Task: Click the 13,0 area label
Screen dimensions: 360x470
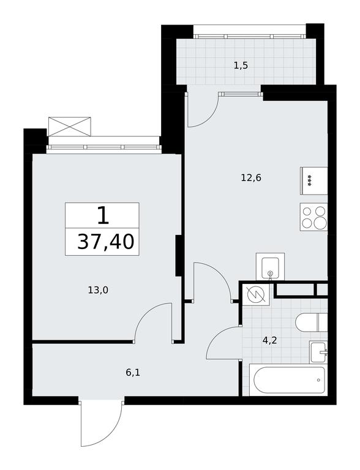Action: click(x=98, y=290)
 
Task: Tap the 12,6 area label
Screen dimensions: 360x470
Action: click(x=251, y=178)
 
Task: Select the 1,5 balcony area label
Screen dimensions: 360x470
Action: click(x=241, y=65)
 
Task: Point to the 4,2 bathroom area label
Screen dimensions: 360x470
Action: click(x=269, y=340)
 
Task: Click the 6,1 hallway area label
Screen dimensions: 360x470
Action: click(x=133, y=373)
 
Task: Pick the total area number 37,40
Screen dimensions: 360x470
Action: click(x=105, y=242)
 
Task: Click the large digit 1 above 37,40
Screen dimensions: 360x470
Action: click(x=103, y=216)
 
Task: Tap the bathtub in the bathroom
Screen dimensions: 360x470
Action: click(x=288, y=380)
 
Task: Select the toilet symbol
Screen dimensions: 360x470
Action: click(x=311, y=323)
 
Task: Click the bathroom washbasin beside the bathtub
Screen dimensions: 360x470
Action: click(x=318, y=352)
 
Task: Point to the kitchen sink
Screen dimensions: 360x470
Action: click(x=270, y=266)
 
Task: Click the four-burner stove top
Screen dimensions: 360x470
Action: click(x=313, y=217)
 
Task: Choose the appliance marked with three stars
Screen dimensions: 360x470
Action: click(x=313, y=181)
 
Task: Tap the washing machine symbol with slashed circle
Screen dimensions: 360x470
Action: click(x=256, y=294)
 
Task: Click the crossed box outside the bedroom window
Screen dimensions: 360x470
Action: click(x=70, y=127)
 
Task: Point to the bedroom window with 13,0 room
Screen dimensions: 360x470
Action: click(x=104, y=147)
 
